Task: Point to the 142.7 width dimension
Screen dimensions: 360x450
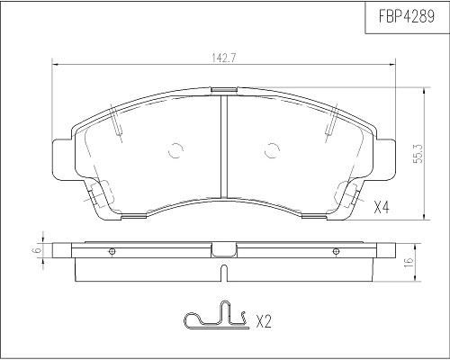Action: [224, 57]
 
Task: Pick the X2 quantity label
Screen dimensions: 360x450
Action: [264, 319]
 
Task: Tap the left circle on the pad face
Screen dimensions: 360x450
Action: [175, 151]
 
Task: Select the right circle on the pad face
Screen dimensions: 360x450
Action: [272, 151]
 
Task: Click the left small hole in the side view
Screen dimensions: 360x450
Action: [112, 251]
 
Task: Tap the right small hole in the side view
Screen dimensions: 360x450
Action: [336, 251]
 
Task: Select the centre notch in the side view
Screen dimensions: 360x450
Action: [223, 250]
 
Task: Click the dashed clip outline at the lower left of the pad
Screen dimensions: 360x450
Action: [101, 195]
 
